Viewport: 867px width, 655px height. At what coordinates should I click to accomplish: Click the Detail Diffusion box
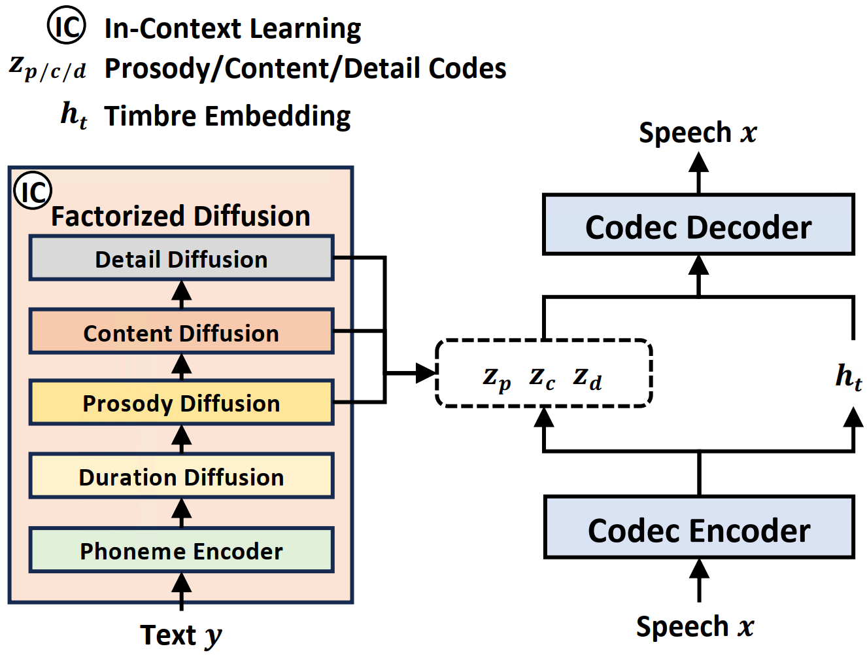[x=181, y=258]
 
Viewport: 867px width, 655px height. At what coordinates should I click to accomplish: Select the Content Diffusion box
[x=181, y=331]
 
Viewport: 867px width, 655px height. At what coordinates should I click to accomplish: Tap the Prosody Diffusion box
[x=181, y=402]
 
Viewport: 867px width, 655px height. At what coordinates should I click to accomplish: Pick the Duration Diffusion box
[x=181, y=476]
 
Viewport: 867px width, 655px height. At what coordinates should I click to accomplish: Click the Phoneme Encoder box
[x=181, y=550]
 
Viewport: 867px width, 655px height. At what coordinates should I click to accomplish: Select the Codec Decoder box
[x=698, y=224]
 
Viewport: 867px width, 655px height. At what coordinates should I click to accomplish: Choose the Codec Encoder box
[x=699, y=527]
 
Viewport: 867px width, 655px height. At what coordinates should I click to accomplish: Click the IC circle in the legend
[x=66, y=25]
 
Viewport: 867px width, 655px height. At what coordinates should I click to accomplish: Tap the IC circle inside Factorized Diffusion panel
[x=33, y=190]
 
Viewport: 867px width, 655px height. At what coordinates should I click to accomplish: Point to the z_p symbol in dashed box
[x=496, y=379]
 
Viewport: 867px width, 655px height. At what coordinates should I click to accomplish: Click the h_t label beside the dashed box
[x=849, y=377]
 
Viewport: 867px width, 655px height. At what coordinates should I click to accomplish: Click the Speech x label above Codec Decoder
[x=698, y=133]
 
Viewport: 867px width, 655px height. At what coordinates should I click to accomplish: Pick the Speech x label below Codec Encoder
[x=695, y=627]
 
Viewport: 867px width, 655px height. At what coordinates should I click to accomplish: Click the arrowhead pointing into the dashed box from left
[x=426, y=373]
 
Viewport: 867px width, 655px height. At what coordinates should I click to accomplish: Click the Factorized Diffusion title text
[x=180, y=216]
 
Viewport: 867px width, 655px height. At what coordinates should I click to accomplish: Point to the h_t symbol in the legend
[x=74, y=115]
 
